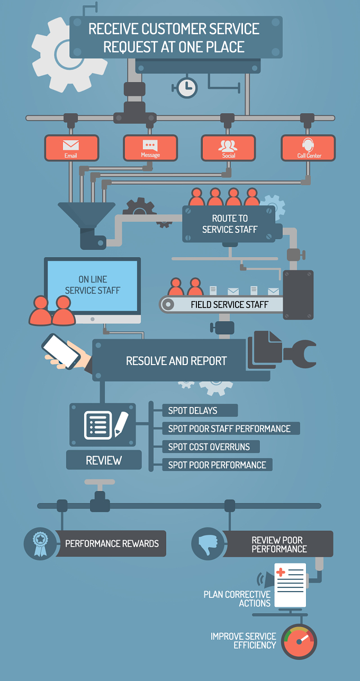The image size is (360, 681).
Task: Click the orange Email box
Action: click(x=72, y=148)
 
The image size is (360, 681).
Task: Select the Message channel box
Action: click(x=150, y=148)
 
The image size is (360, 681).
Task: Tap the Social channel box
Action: click(x=228, y=148)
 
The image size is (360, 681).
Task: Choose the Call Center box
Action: click(x=308, y=148)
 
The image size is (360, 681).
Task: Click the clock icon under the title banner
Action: click(x=187, y=88)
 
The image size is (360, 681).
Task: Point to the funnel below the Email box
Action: click(x=87, y=215)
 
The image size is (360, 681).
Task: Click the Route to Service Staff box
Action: click(x=229, y=224)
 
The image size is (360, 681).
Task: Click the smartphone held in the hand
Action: click(x=61, y=351)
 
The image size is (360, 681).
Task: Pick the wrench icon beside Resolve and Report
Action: click(x=300, y=354)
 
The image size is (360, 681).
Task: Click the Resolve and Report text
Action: click(x=176, y=361)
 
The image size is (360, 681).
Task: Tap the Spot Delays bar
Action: click(x=200, y=411)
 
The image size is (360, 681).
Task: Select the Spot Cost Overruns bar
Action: click(x=211, y=447)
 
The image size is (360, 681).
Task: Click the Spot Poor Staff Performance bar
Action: click(x=231, y=429)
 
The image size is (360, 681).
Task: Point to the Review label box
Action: click(x=104, y=460)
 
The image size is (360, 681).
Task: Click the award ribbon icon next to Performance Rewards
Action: click(x=40, y=544)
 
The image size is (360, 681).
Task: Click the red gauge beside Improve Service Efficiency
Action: click(x=299, y=642)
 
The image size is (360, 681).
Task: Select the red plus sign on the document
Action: click(x=281, y=573)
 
